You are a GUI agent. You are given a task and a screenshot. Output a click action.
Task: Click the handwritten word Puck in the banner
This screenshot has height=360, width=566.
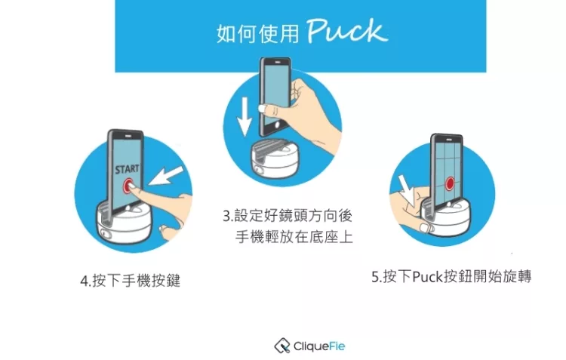(347, 31)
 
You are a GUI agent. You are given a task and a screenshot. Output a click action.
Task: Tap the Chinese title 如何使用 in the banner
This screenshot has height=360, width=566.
(258, 33)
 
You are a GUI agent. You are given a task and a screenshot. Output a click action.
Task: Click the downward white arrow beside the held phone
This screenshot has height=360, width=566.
(245, 116)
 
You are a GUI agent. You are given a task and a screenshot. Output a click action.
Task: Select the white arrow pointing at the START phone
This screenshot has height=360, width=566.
(166, 176)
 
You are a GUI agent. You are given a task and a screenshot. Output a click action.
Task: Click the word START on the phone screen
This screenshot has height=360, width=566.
(127, 169)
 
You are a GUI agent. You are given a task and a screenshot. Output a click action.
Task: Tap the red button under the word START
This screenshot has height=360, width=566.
(128, 186)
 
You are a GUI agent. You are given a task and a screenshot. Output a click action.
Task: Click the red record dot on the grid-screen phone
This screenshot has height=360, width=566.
(450, 183)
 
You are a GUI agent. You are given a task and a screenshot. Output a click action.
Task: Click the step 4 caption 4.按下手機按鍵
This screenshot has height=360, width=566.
(130, 281)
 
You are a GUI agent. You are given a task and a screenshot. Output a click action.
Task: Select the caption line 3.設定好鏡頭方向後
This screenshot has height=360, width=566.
(288, 216)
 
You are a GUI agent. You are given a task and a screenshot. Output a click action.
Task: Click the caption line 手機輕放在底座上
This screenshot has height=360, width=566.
(294, 237)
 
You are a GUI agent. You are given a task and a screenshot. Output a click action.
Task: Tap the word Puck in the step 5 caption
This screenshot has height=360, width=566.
(427, 277)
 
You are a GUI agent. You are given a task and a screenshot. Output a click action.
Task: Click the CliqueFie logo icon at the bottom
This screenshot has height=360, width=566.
(282, 346)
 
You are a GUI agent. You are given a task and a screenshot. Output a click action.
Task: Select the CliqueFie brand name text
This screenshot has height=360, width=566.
(319, 346)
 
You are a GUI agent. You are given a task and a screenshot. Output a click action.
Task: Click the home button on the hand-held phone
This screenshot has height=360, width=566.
(277, 125)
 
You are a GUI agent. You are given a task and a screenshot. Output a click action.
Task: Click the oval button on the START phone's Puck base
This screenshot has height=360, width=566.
(105, 233)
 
